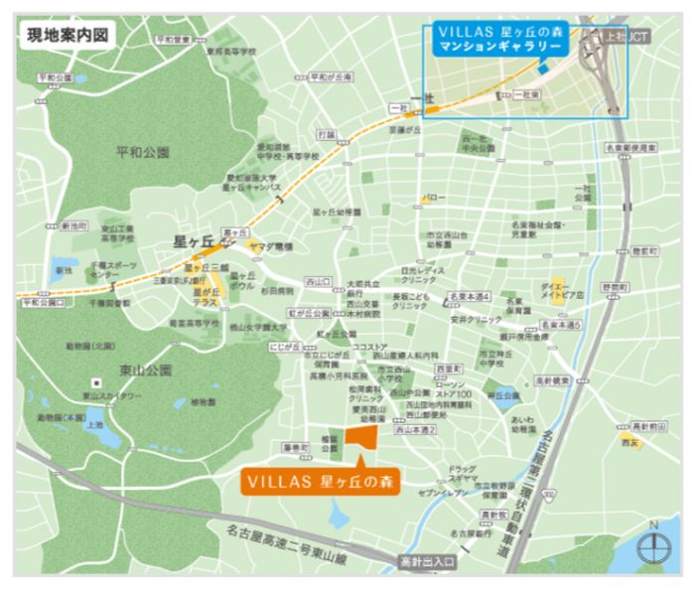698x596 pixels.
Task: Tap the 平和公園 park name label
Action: pyautogui.click(x=143, y=153)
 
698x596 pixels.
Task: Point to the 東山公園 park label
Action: pyautogui.click(x=146, y=371)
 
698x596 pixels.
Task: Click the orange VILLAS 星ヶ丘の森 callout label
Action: pyautogui.click(x=320, y=482)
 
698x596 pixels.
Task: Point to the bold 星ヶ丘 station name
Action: pyautogui.click(x=193, y=241)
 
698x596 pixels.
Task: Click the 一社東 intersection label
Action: pyautogui.click(x=529, y=93)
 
